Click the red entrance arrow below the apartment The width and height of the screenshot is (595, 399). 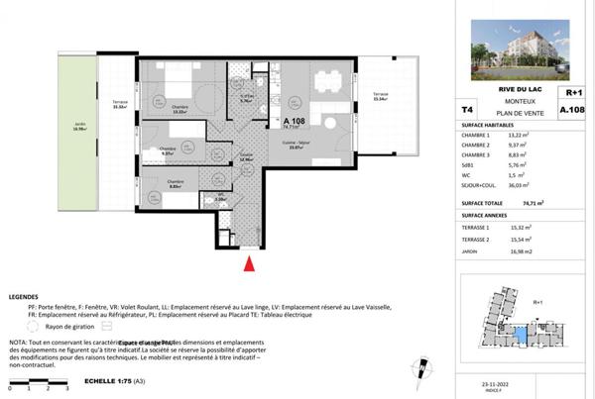[x=250, y=262]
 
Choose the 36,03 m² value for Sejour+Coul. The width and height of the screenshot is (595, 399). [x=524, y=183]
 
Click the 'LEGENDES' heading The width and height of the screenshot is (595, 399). [x=25, y=297]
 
